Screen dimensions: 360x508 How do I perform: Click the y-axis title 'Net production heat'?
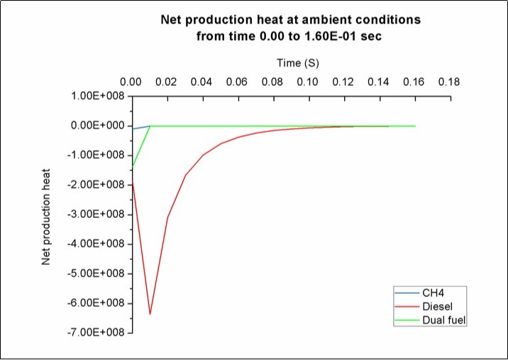(x=47, y=212)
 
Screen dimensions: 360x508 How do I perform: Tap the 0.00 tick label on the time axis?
(x=132, y=82)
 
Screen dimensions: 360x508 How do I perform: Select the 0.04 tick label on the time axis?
(x=202, y=82)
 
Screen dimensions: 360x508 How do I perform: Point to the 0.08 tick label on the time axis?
(x=272, y=82)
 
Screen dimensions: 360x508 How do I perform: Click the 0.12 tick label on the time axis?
(x=343, y=82)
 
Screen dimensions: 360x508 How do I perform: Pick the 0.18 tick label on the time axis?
(x=448, y=82)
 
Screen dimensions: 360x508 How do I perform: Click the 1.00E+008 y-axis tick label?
(x=99, y=96)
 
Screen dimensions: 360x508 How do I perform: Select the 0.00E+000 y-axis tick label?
(x=99, y=126)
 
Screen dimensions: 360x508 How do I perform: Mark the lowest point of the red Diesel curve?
(x=150, y=314)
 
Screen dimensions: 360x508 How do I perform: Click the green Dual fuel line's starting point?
(x=133, y=166)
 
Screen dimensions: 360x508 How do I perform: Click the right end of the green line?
(x=414, y=126)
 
